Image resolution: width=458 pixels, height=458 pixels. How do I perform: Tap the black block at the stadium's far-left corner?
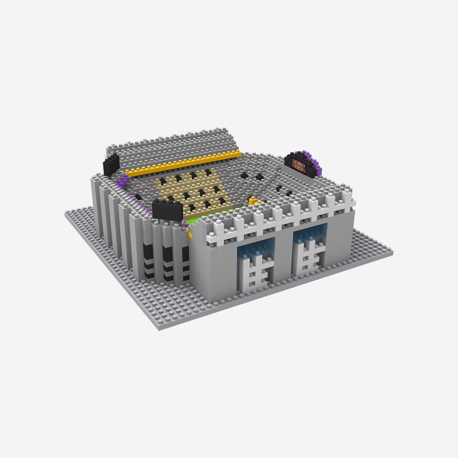111,165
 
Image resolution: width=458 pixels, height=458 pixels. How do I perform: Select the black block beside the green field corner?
167,210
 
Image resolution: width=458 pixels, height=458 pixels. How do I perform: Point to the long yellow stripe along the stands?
183,163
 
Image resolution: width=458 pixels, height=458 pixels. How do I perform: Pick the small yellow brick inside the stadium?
254,201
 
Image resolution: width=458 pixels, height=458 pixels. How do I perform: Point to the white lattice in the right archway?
309,257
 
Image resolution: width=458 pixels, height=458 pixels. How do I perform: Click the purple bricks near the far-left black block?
123,180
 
